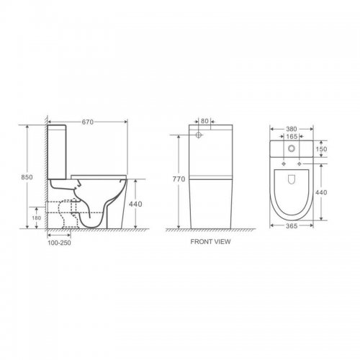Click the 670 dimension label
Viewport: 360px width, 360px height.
tap(88, 122)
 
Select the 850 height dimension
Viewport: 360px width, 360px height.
tap(27, 177)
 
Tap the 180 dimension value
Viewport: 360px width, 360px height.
tap(37, 218)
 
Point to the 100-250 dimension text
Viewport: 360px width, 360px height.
tap(59, 243)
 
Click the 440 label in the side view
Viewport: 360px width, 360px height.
tap(135, 204)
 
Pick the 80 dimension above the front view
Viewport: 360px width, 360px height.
tap(204, 121)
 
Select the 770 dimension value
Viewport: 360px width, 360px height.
tap(179, 179)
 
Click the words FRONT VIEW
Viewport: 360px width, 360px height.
tap(210, 241)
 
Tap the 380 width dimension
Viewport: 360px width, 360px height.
tap(292, 129)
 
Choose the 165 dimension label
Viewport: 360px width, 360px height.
tap(292, 136)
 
